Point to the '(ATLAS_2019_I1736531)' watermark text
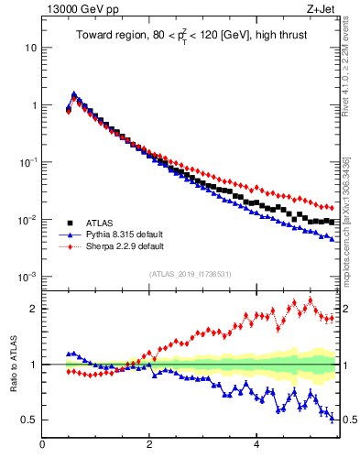[190, 274]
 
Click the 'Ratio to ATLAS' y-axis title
[12, 364]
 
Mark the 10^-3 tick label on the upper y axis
[27, 277]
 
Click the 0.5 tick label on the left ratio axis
[27, 420]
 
